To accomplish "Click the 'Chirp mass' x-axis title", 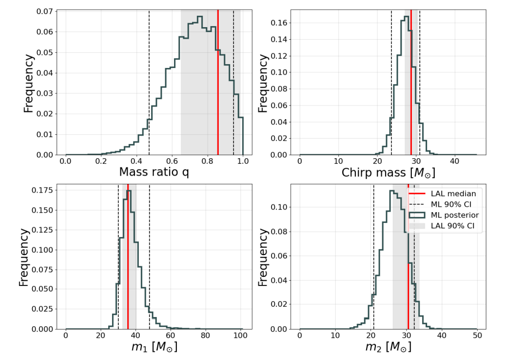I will [388, 172].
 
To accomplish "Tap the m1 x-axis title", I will [154, 347].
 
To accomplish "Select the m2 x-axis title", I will [388, 347].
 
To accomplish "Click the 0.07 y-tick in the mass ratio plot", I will [45, 11].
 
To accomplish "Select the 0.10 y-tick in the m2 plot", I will [279, 207].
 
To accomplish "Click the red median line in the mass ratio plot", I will [218, 82].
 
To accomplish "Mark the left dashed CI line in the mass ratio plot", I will [149, 82].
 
